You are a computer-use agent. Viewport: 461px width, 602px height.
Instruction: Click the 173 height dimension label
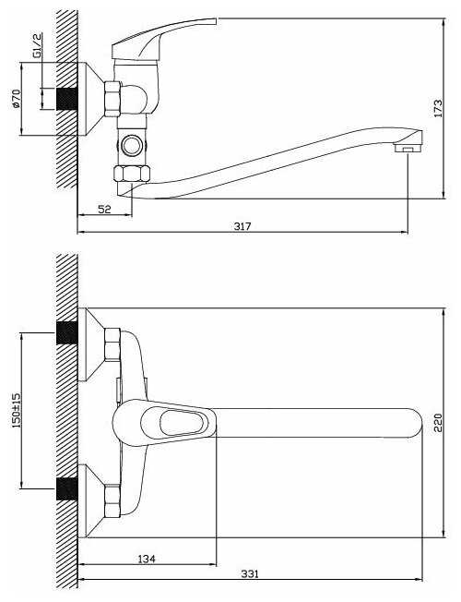pyautogui.click(x=438, y=108)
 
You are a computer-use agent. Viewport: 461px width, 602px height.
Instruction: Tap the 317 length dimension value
pyautogui.click(x=242, y=226)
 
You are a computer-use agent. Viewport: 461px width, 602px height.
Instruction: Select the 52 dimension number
pyautogui.click(x=104, y=210)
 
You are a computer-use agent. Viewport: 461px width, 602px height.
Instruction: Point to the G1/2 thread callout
pyautogui.click(x=37, y=45)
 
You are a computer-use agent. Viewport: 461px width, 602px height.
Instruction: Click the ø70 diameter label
pyautogui.click(x=16, y=99)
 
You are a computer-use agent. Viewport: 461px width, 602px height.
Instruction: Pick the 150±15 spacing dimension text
pyautogui.click(x=17, y=410)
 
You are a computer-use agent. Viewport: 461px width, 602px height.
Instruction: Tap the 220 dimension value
pyautogui.click(x=438, y=423)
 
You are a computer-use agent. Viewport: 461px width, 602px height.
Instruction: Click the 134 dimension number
pyautogui.click(x=147, y=559)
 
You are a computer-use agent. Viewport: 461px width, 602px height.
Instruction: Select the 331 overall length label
pyautogui.click(x=250, y=574)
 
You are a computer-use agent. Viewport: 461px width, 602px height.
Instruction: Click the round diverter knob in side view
pyautogui.click(x=132, y=145)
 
